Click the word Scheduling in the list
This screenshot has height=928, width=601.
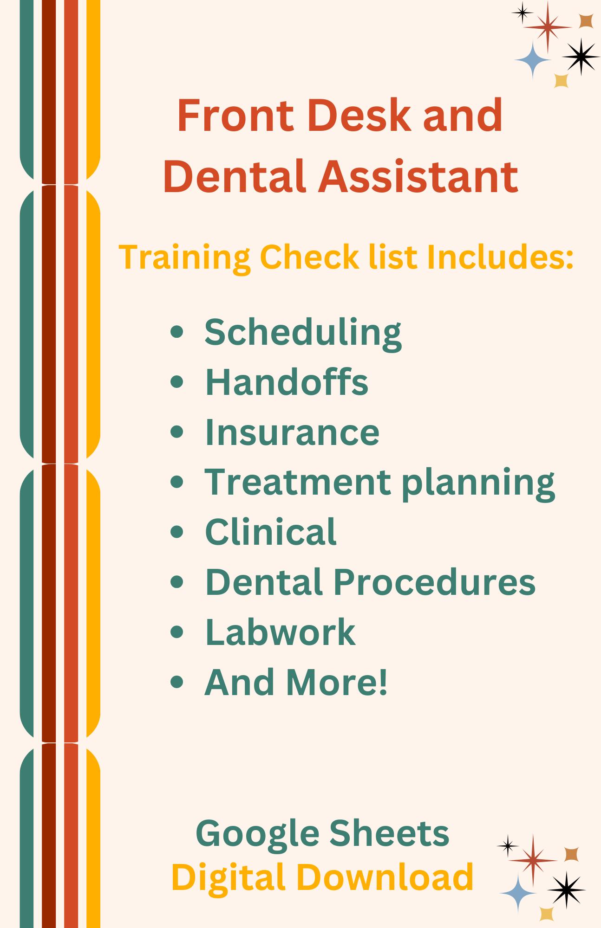(x=303, y=332)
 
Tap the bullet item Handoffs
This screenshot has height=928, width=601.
(x=287, y=382)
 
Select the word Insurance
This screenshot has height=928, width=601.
(x=292, y=432)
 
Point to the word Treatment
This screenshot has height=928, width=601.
(x=298, y=482)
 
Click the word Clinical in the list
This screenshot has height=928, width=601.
(x=271, y=532)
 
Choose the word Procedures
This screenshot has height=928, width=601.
(x=434, y=582)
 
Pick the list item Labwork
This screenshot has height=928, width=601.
(x=280, y=632)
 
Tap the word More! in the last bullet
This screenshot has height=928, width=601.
(x=337, y=682)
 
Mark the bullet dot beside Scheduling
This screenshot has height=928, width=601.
(x=177, y=332)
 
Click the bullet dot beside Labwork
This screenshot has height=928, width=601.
(x=177, y=632)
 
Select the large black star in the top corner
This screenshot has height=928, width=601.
(x=580, y=56)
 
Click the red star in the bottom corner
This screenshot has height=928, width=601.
(x=533, y=859)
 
